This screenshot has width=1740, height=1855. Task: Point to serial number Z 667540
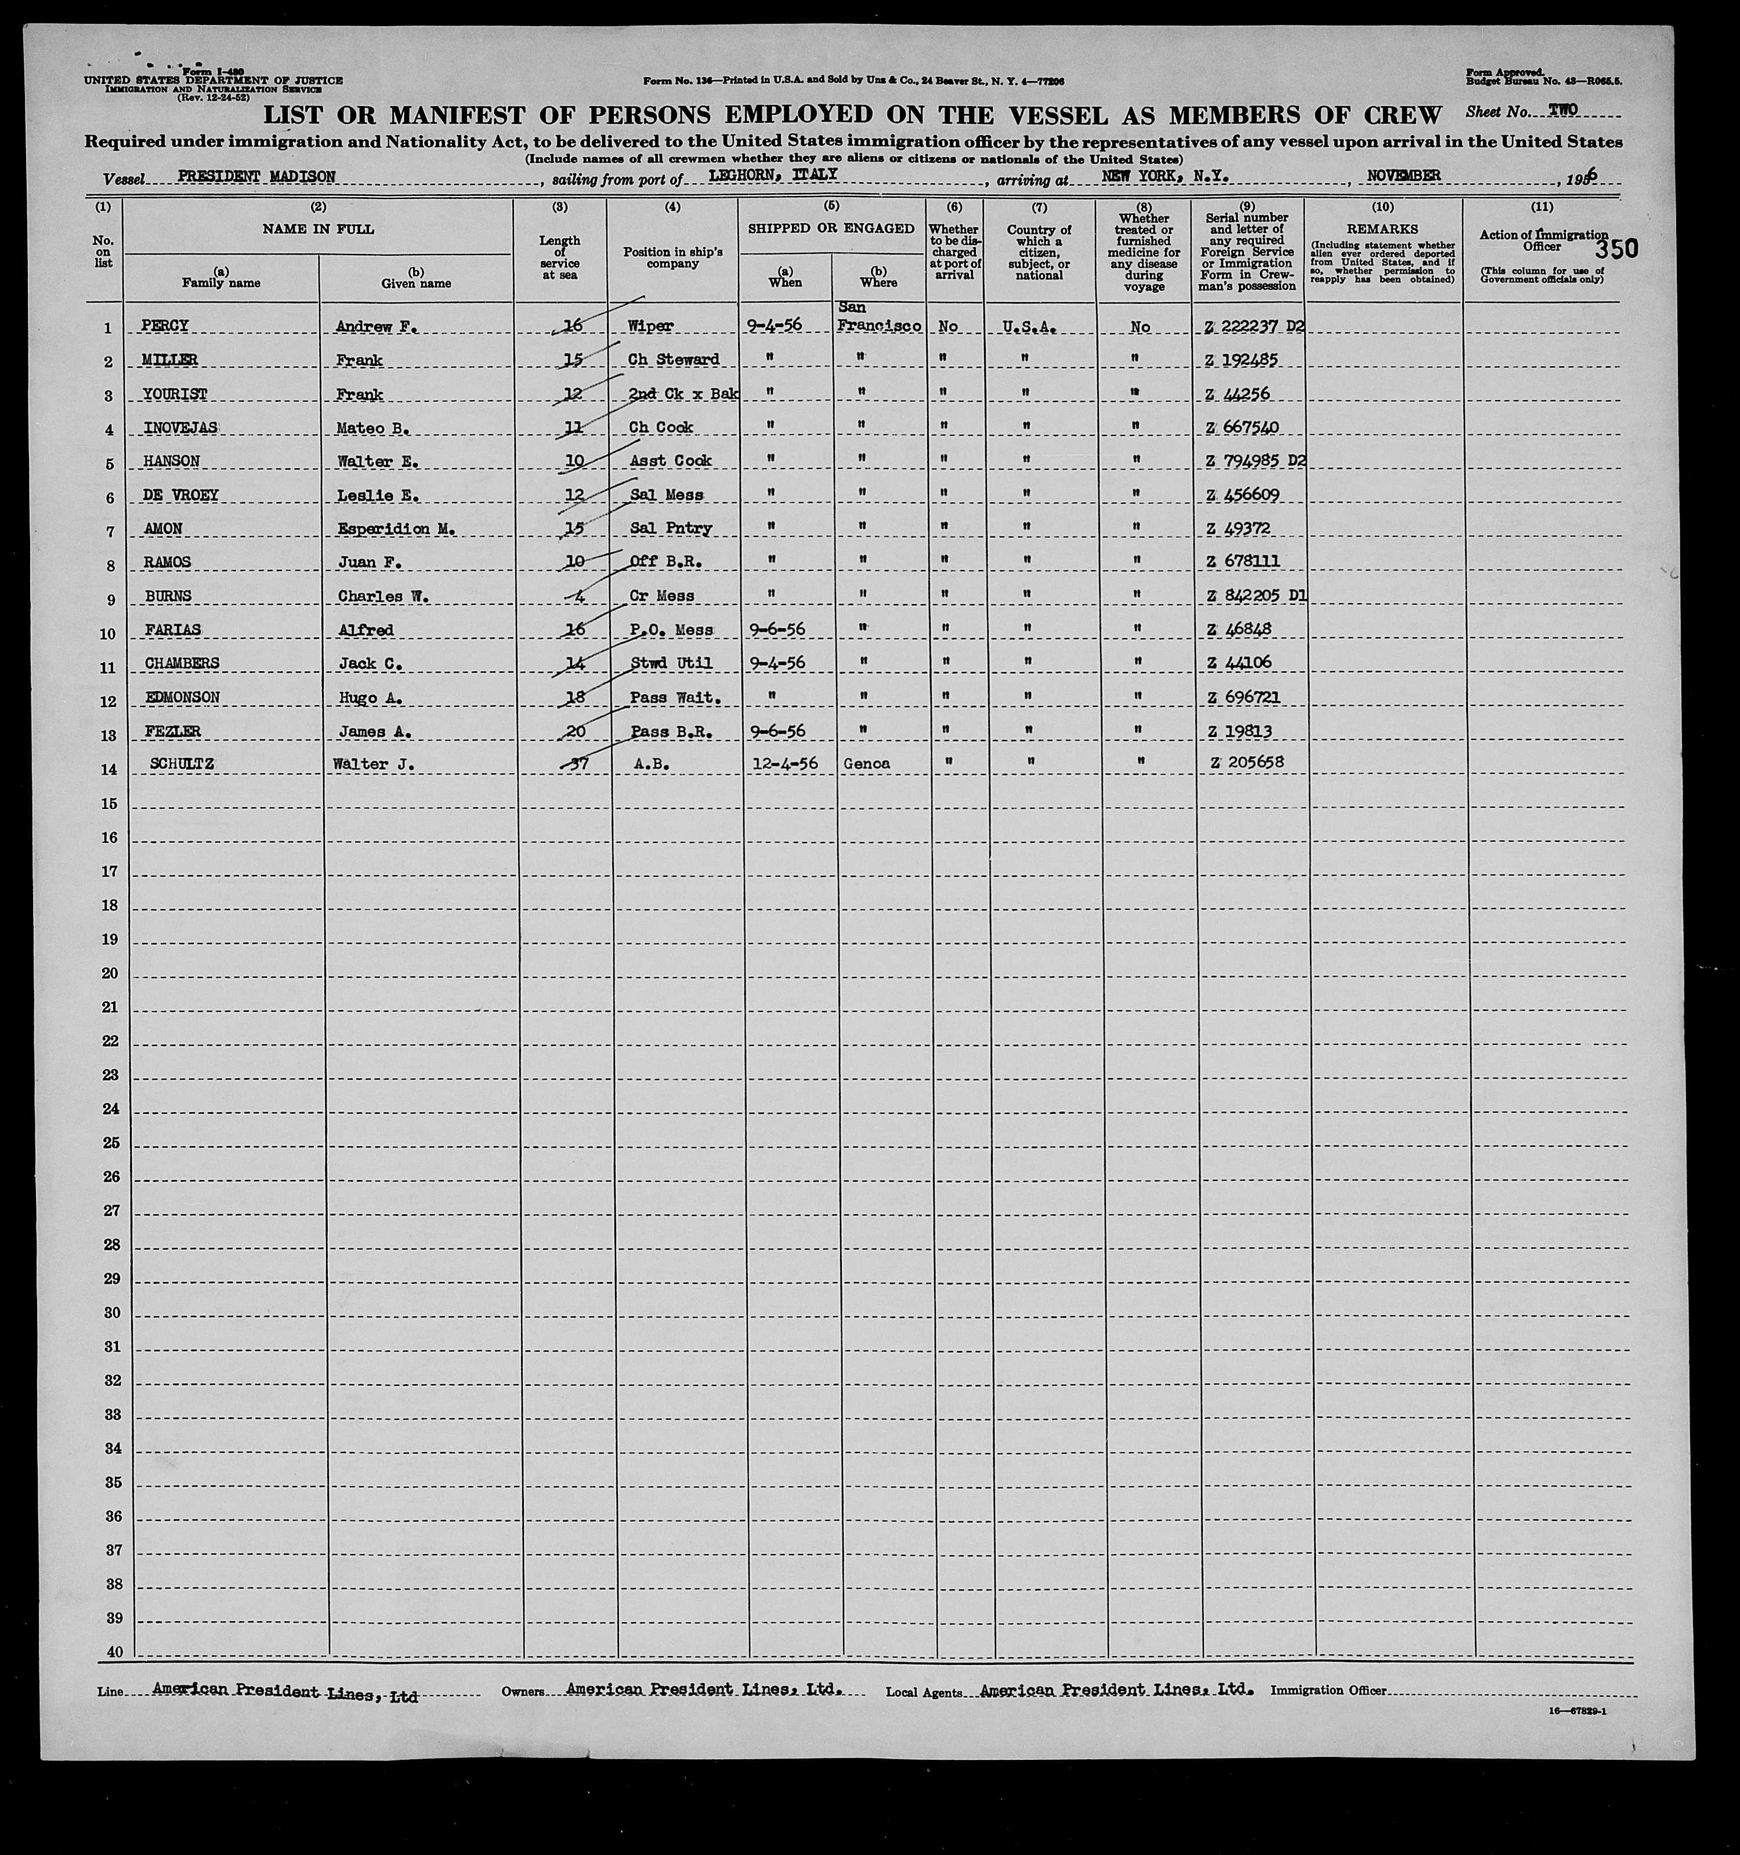click(1242, 427)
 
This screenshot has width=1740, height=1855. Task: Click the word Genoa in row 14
click(866, 763)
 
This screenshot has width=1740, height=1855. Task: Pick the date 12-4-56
click(784, 763)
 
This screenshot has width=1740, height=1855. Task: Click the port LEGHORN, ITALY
click(772, 175)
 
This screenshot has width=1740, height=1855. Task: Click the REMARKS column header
click(1383, 228)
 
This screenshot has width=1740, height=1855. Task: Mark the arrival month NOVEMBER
click(1404, 176)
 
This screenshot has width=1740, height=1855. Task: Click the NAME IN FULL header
click(319, 228)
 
